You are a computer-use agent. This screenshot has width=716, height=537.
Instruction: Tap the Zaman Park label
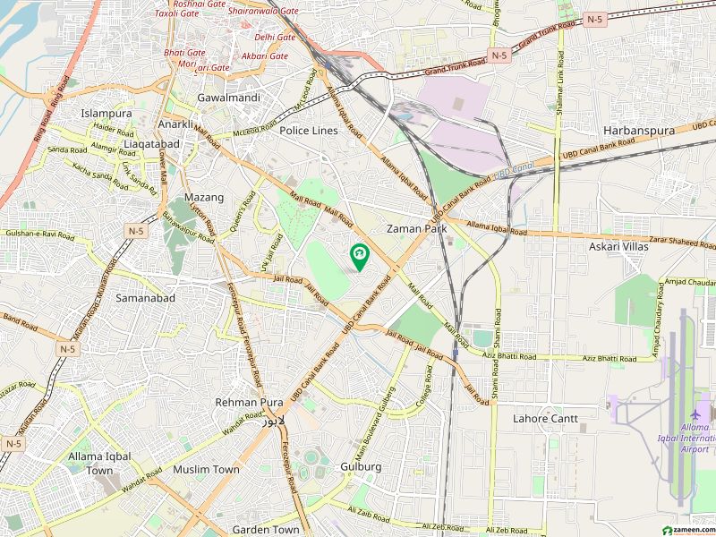coord(416,229)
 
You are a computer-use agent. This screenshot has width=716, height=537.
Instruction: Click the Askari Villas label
coord(618,245)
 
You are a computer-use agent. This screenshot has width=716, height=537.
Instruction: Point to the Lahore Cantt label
coord(545,418)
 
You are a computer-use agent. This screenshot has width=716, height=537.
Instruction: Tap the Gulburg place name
coord(361,466)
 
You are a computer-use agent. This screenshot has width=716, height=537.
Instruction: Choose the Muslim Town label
coord(206,469)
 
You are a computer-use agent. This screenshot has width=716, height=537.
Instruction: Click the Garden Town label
coord(266,530)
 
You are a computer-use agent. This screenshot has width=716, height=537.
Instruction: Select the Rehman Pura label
coord(249,403)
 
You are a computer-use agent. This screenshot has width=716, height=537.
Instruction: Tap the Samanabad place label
coord(145,297)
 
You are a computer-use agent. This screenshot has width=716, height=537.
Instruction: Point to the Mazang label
coord(204,197)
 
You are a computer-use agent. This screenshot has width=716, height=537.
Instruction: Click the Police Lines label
coord(309,131)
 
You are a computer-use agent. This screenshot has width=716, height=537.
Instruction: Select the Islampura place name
coord(107,114)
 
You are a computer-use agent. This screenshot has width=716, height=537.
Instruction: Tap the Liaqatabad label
coord(154,144)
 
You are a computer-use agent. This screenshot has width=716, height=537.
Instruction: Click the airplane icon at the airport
coord(696,415)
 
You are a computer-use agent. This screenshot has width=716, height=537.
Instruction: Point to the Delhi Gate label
coord(275,37)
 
